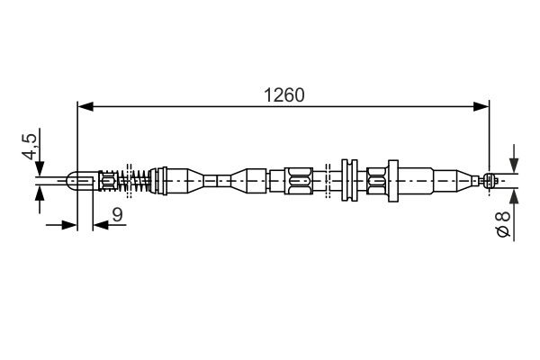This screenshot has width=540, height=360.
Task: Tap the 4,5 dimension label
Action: (x=30, y=147)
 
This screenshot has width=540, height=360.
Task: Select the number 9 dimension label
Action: (x=116, y=213)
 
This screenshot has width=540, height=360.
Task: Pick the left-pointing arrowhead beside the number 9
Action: (x=100, y=225)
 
